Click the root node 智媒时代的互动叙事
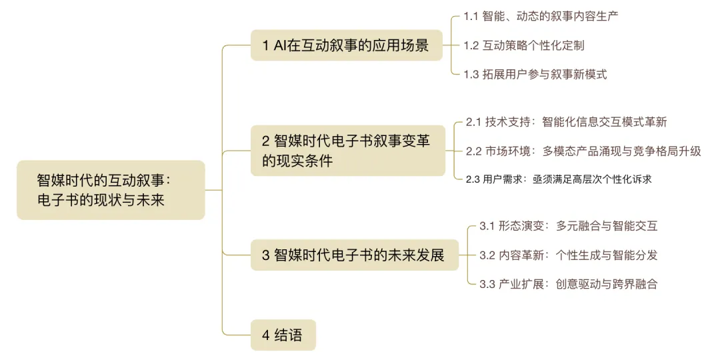click(111, 190)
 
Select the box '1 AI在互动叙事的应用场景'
click(346, 46)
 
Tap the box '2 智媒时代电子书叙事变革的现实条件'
click(347, 151)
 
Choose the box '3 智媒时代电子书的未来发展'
click(354, 255)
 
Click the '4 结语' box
click(283, 335)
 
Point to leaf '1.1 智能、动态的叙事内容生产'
click(541, 15)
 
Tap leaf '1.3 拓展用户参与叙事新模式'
click(535, 75)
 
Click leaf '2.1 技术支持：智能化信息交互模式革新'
click(566, 122)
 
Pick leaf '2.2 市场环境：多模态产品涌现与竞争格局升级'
click(583, 151)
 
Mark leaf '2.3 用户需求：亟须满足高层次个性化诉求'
click(559, 179)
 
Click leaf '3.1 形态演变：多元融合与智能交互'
click(568, 226)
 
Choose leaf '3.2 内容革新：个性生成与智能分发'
click(568, 255)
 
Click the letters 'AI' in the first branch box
click(279, 46)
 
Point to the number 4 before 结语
click(265, 335)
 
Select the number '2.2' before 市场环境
click(474, 151)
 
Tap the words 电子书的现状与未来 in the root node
click(100, 199)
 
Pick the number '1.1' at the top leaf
click(471, 15)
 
